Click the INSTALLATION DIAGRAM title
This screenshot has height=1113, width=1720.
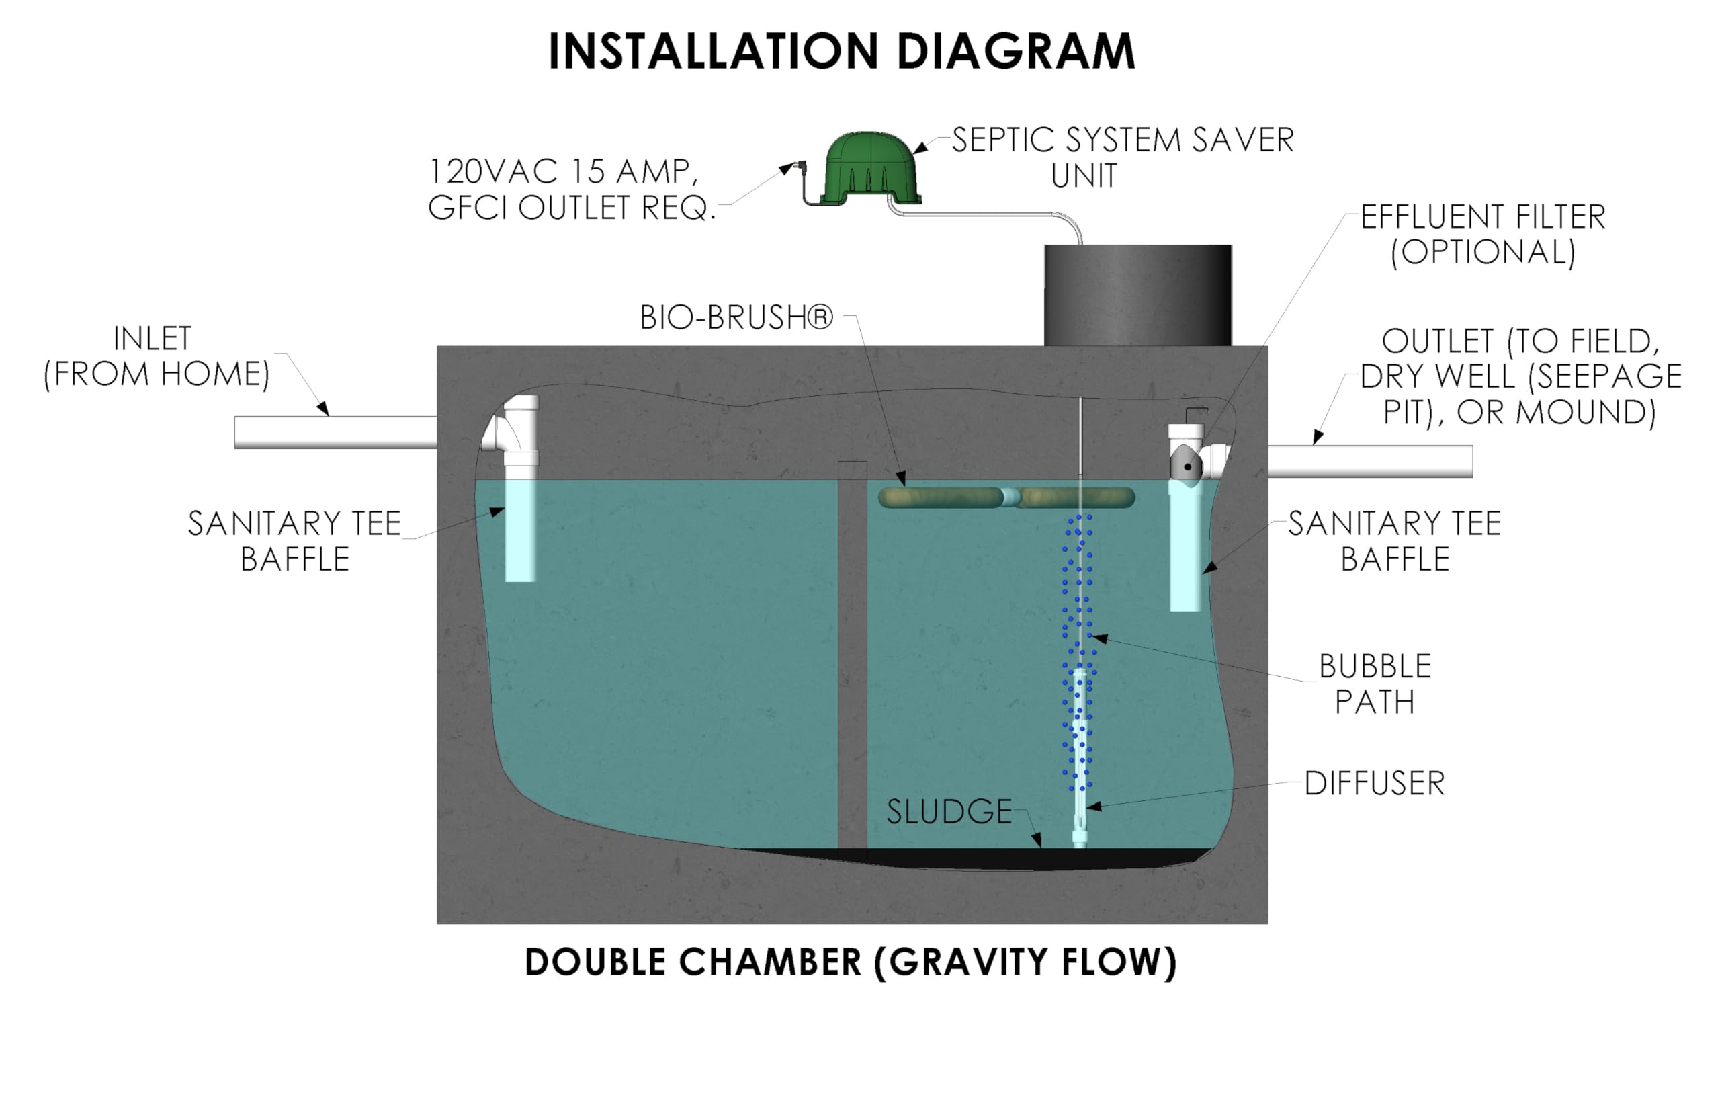pyautogui.click(x=842, y=51)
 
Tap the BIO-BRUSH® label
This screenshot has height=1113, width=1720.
pyautogui.click(x=736, y=317)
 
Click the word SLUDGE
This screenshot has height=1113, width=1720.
pyautogui.click(x=949, y=812)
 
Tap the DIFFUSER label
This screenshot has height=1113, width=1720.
pyautogui.click(x=1374, y=784)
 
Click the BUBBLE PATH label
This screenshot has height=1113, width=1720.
pyautogui.click(x=1374, y=684)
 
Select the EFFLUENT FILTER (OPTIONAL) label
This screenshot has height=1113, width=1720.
pyautogui.click(x=1482, y=234)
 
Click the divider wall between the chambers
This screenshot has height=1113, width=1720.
pyautogui.click(x=852, y=651)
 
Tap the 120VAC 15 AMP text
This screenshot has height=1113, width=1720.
pyautogui.click(x=564, y=172)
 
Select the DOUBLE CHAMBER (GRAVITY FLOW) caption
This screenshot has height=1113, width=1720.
pyautogui.click(x=850, y=962)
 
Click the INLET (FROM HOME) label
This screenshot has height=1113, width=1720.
pyautogui.click(x=155, y=356)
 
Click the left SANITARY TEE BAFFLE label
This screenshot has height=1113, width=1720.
pyautogui.click(x=294, y=540)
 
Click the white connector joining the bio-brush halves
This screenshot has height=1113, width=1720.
pyautogui.click(x=1010, y=497)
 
